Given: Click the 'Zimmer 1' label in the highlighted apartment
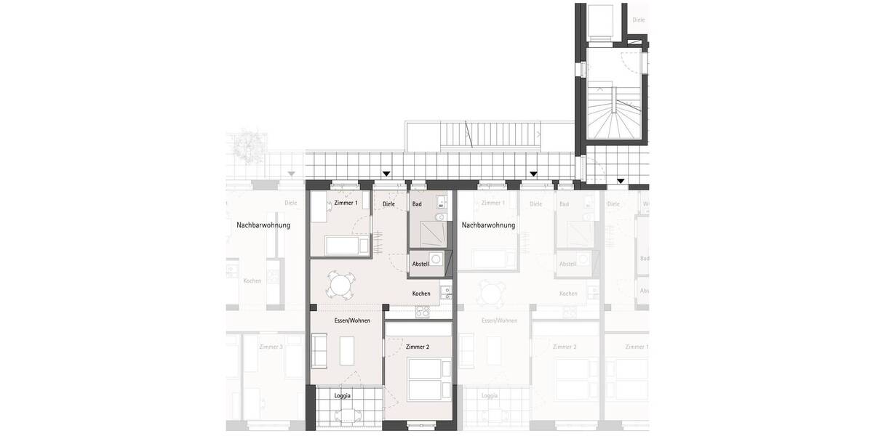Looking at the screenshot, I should (346, 203).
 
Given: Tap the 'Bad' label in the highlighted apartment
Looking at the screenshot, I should (417, 204).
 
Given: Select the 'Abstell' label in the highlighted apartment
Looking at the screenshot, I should (420, 263).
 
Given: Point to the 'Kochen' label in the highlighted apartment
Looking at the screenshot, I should (421, 294).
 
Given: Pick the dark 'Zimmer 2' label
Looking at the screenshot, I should (418, 347).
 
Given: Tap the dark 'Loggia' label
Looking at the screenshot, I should (343, 395).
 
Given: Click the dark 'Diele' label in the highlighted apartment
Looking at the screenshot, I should (388, 204).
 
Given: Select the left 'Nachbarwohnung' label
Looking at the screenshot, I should (263, 225).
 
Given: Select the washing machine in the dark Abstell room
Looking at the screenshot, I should (436, 259).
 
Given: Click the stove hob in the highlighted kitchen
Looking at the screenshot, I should (423, 312).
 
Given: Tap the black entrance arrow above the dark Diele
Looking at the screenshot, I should (386, 174).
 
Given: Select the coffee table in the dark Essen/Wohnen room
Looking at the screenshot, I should (347, 352).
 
